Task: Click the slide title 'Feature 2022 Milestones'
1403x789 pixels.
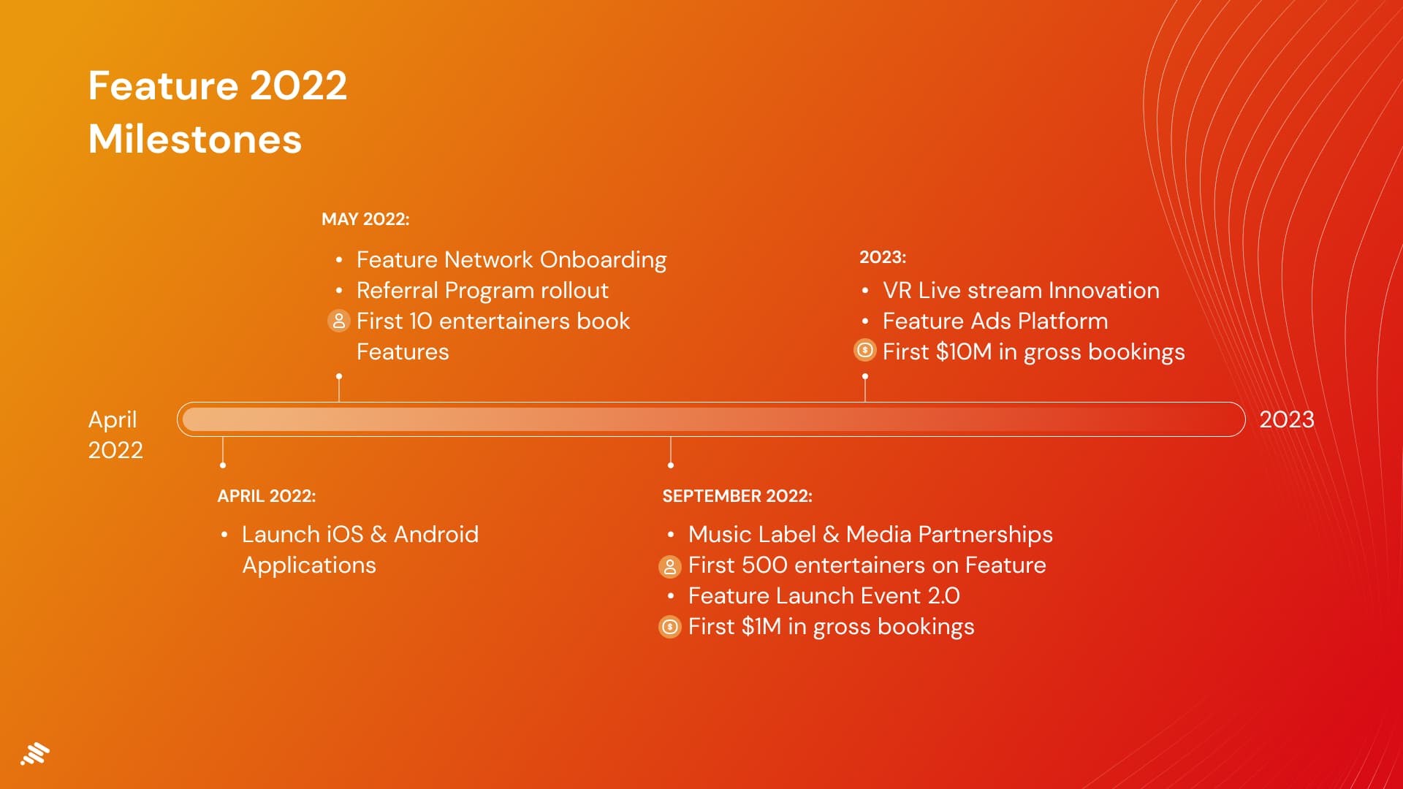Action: pos(218,113)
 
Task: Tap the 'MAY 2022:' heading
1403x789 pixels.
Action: pos(365,219)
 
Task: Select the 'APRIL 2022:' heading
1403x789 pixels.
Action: pos(267,496)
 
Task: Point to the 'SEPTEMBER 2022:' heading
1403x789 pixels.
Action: pos(737,496)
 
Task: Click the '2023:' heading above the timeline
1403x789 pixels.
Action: pos(883,257)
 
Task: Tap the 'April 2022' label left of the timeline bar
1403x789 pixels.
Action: pos(115,435)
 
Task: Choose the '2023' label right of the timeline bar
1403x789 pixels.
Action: pos(1287,419)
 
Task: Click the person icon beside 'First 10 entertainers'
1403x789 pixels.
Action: pos(339,321)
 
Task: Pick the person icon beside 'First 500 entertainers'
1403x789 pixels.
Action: pos(670,566)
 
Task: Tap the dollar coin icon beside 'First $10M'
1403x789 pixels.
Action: pos(865,351)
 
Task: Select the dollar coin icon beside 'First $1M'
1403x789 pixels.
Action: pos(670,627)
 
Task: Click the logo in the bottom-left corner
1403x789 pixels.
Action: pos(35,754)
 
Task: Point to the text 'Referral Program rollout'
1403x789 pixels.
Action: pos(482,291)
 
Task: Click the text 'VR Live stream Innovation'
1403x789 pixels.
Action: pos(1021,291)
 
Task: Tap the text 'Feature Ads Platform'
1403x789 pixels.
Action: pos(995,321)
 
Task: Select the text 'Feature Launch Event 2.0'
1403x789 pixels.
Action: pos(824,596)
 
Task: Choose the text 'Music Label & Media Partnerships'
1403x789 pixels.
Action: pos(870,535)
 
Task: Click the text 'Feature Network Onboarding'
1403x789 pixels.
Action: pos(512,260)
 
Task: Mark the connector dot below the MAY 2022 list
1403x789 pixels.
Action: pos(339,376)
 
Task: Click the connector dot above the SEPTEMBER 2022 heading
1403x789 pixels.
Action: pos(671,465)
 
